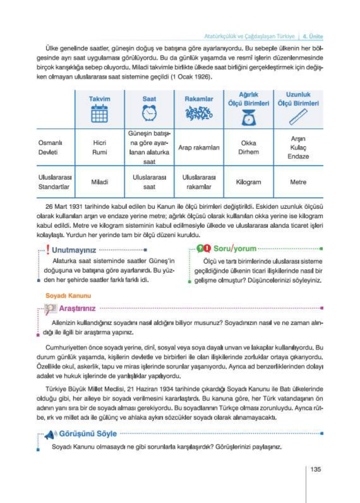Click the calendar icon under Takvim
point(99,114)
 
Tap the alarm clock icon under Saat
point(149,113)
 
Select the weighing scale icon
point(249,117)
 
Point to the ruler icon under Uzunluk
point(298,117)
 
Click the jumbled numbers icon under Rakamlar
point(199,113)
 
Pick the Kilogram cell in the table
point(249,182)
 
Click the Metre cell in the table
point(298,182)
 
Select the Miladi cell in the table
point(99,182)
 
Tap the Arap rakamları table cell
point(199,147)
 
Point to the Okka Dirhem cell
point(249,147)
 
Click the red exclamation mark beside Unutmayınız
point(48,250)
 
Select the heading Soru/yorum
point(235,248)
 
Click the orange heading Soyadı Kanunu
point(68,296)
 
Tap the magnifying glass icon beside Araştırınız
point(51,309)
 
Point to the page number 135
point(315,469)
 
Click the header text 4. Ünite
point(313,36)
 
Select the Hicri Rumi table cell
point(99,147)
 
